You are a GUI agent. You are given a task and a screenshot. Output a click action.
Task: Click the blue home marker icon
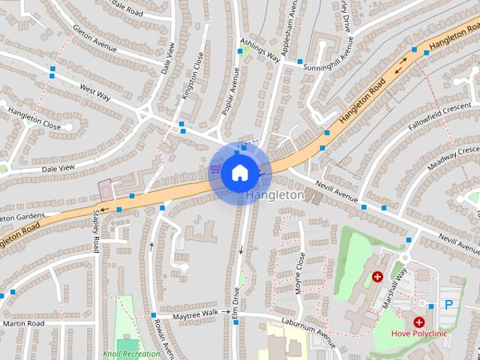239,172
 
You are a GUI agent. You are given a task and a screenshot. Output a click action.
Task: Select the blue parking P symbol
449,304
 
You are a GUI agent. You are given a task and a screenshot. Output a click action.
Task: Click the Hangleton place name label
274,196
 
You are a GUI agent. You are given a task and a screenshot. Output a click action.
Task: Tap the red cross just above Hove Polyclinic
418,321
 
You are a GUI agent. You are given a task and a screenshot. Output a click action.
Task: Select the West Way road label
95,92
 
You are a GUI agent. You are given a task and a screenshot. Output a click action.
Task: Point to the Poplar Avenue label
231,92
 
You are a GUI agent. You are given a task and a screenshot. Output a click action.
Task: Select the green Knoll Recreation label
132,353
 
